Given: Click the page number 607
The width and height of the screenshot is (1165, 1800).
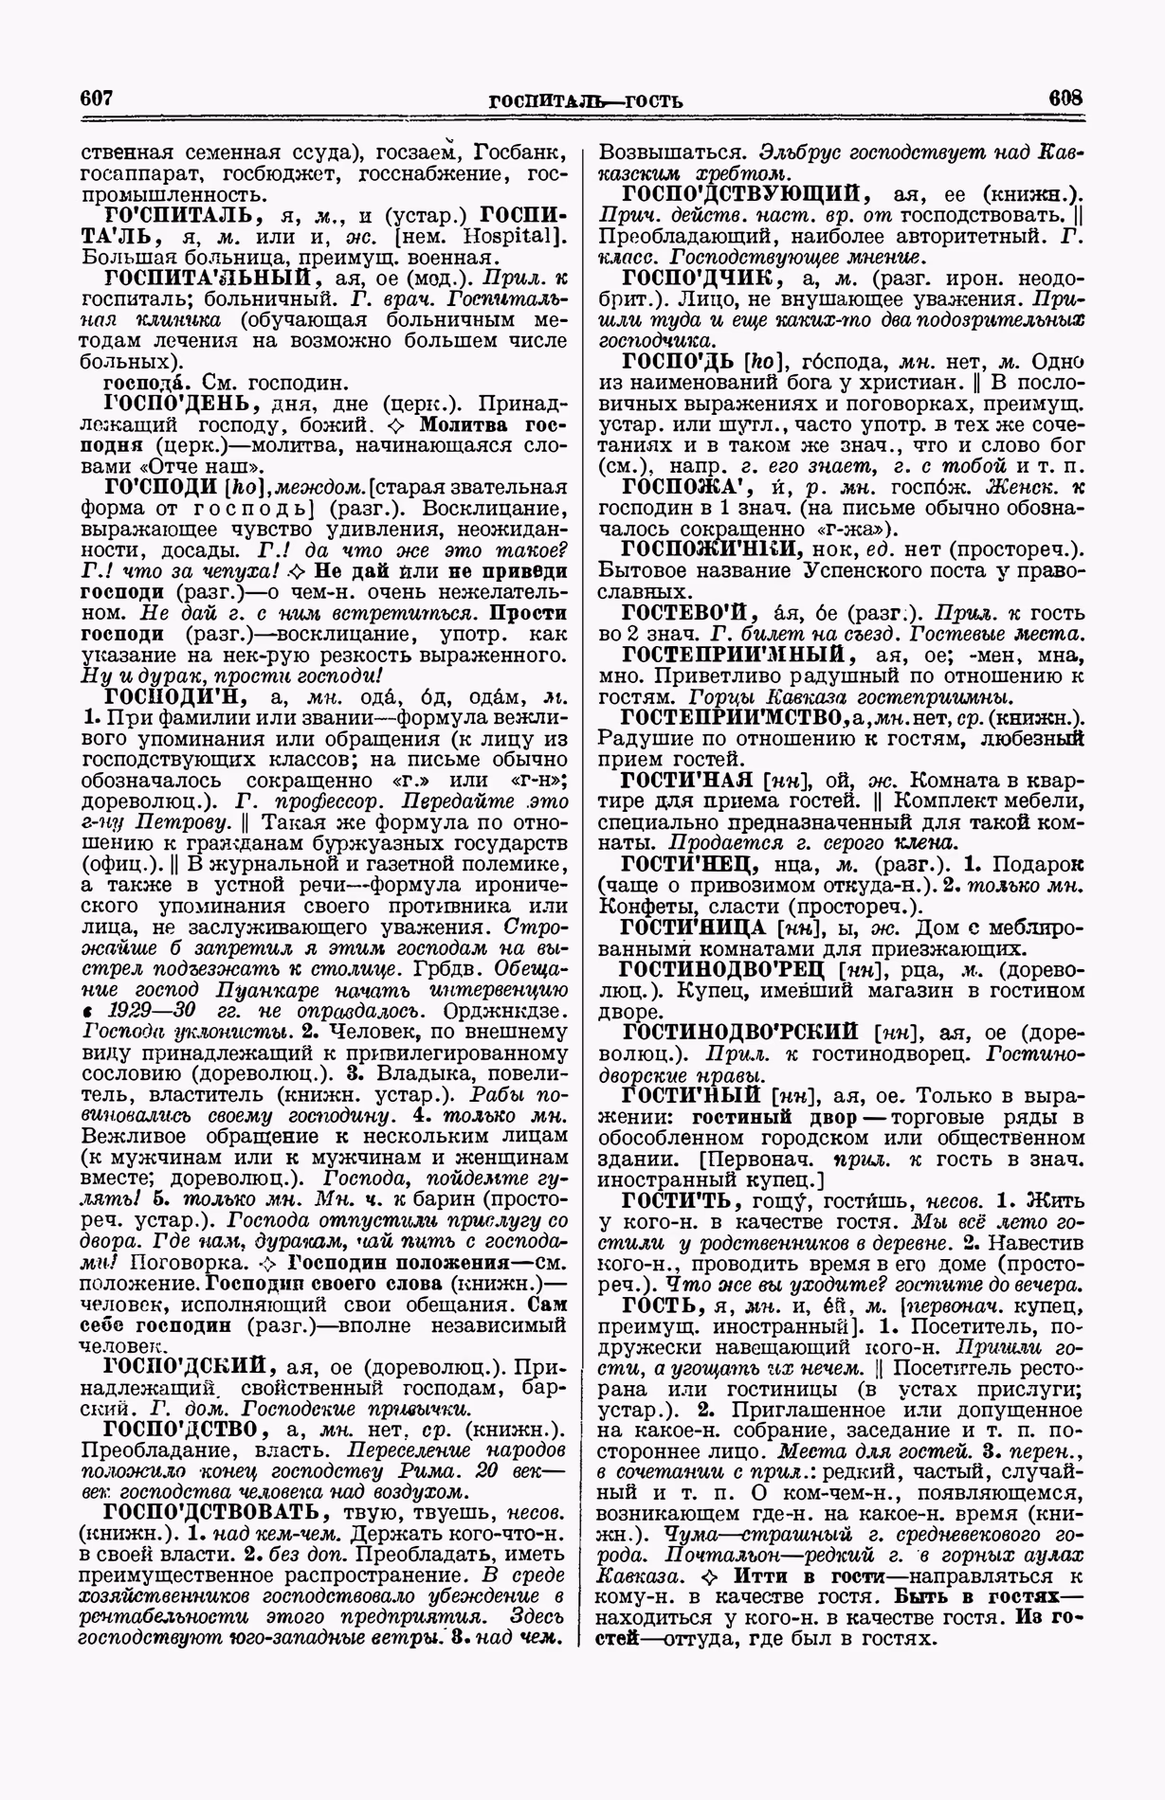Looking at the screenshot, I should pos(97,98).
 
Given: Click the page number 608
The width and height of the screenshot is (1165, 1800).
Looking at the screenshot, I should pos(1065,98).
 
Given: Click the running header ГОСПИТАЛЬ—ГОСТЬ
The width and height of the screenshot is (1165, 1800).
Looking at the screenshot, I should pos(585,101).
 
